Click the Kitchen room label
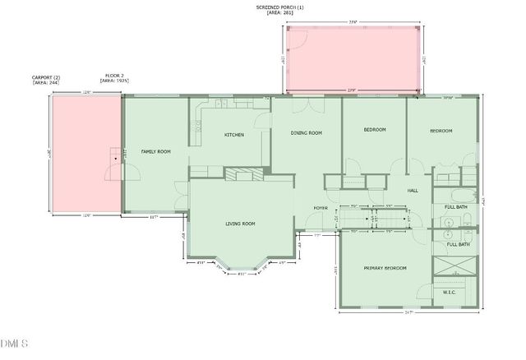coord(234,134)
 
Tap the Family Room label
coord(155,151)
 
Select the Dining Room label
coord(306,132)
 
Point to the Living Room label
coord(241,224)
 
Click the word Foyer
coord(321,208)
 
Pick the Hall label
coord(413,190)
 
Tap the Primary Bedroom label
coord(385,268)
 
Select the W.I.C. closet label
coord(449,292)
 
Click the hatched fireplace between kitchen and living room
coord(244,173)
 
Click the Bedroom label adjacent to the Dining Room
coord(374,130)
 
